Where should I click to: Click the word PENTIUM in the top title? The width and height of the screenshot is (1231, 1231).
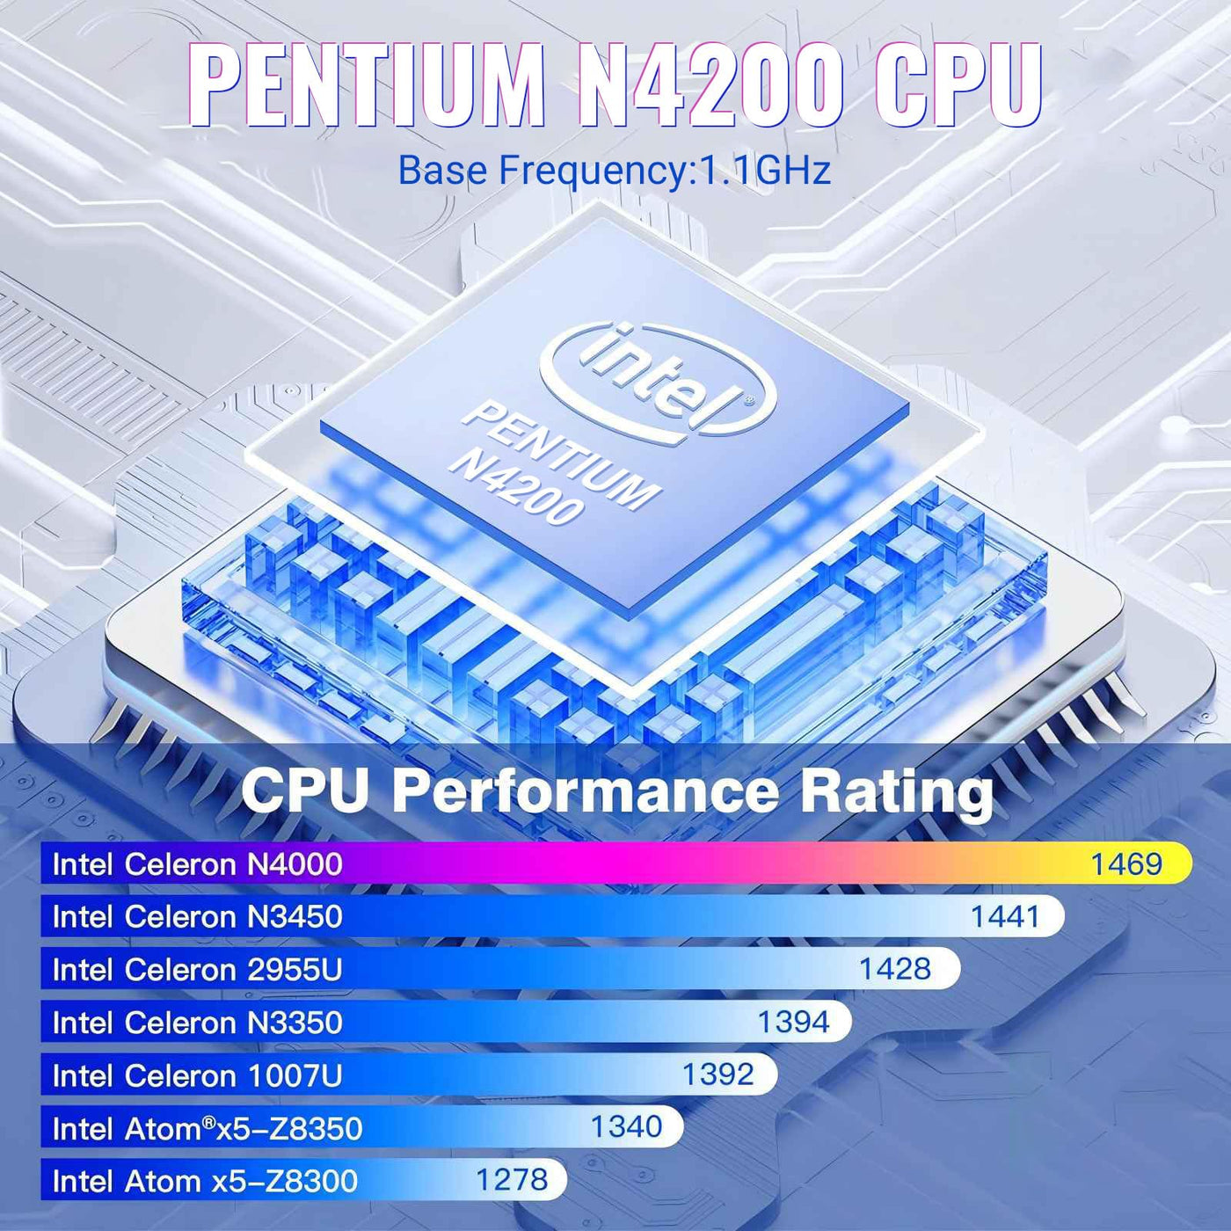[367, 85]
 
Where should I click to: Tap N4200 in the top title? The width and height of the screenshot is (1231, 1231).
[710, 85]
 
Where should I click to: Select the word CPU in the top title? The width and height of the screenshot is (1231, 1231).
[958, 85]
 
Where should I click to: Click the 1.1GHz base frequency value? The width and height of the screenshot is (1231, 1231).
[763, 171]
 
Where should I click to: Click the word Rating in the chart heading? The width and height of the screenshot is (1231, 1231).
[896, 791]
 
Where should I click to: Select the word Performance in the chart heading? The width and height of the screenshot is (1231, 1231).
[585, 791]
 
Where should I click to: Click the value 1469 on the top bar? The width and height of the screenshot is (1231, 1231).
[1126, 863]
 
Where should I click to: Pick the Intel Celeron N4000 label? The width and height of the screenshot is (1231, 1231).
[197, 864]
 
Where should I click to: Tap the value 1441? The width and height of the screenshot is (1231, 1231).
[1005, 916]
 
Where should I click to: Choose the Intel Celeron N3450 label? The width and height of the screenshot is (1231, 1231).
[197, 917]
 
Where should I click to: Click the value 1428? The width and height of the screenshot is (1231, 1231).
[894, 969]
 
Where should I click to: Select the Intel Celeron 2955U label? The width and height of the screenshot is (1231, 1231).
[197, 970]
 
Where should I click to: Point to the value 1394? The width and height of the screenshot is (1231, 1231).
[793, 1022]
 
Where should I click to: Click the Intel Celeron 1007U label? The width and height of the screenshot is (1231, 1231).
[197, 1075]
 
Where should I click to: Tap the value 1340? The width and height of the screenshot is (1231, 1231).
[626, 1126]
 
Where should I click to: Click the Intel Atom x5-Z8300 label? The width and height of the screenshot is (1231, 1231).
[205, 1181]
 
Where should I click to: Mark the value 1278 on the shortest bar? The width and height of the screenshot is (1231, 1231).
[512, 1179]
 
